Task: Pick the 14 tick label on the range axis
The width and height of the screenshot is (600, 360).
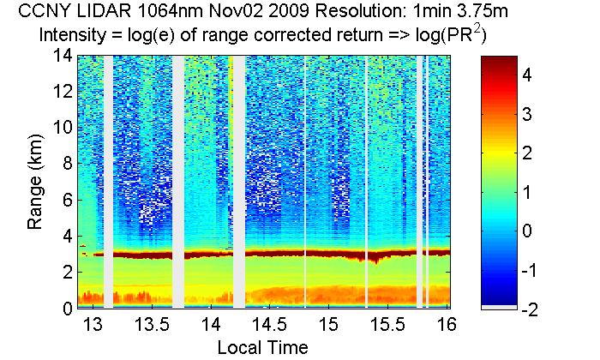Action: tap(62, 56)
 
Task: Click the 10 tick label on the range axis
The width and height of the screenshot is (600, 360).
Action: tap(62, 128)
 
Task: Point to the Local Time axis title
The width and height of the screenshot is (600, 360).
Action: tap(262, 347)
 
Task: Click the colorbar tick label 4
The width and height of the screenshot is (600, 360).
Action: tap(528, 75)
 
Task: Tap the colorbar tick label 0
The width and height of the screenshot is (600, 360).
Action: tap(528, 231)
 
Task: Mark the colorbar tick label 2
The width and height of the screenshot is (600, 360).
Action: tap(528, 153)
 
